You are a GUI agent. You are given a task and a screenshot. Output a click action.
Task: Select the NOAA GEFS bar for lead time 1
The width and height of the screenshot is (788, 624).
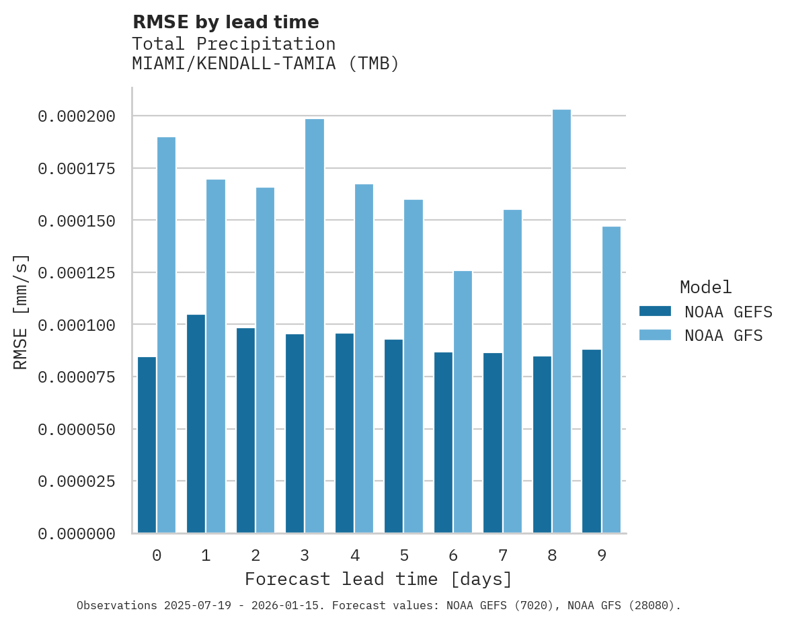coord(196,424)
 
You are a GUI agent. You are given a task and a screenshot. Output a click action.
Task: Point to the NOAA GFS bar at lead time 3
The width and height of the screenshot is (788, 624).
coord(314,326)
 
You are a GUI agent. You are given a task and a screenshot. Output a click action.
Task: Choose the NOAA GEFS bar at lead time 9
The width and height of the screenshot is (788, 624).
coord(592,441)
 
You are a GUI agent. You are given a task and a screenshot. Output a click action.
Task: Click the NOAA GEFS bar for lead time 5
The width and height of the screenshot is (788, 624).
coord(394,436)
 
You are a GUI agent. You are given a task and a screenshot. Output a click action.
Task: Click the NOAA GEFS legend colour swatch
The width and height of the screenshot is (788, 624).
coord(655,311)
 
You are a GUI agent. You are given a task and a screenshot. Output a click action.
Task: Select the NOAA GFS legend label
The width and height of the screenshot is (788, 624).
coord(723,335)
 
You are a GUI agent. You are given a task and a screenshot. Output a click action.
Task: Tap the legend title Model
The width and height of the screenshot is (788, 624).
coord(705,287)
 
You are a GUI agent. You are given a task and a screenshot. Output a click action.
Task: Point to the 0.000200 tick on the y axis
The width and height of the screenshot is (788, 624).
coord(77,116)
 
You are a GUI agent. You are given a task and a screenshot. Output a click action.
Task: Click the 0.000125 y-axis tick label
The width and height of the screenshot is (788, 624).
coord(77,273)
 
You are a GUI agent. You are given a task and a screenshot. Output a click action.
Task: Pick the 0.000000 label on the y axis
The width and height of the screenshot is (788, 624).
coord(77,534)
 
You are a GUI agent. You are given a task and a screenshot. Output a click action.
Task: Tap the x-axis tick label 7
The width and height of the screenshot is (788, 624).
coord(503,555)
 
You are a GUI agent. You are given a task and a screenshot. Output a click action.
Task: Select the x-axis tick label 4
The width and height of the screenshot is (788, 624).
coord(354,555)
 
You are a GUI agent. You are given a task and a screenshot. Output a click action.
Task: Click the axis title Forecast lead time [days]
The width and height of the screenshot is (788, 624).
coord(379,579)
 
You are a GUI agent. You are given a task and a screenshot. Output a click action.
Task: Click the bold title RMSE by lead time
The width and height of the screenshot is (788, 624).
coord(226,22)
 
